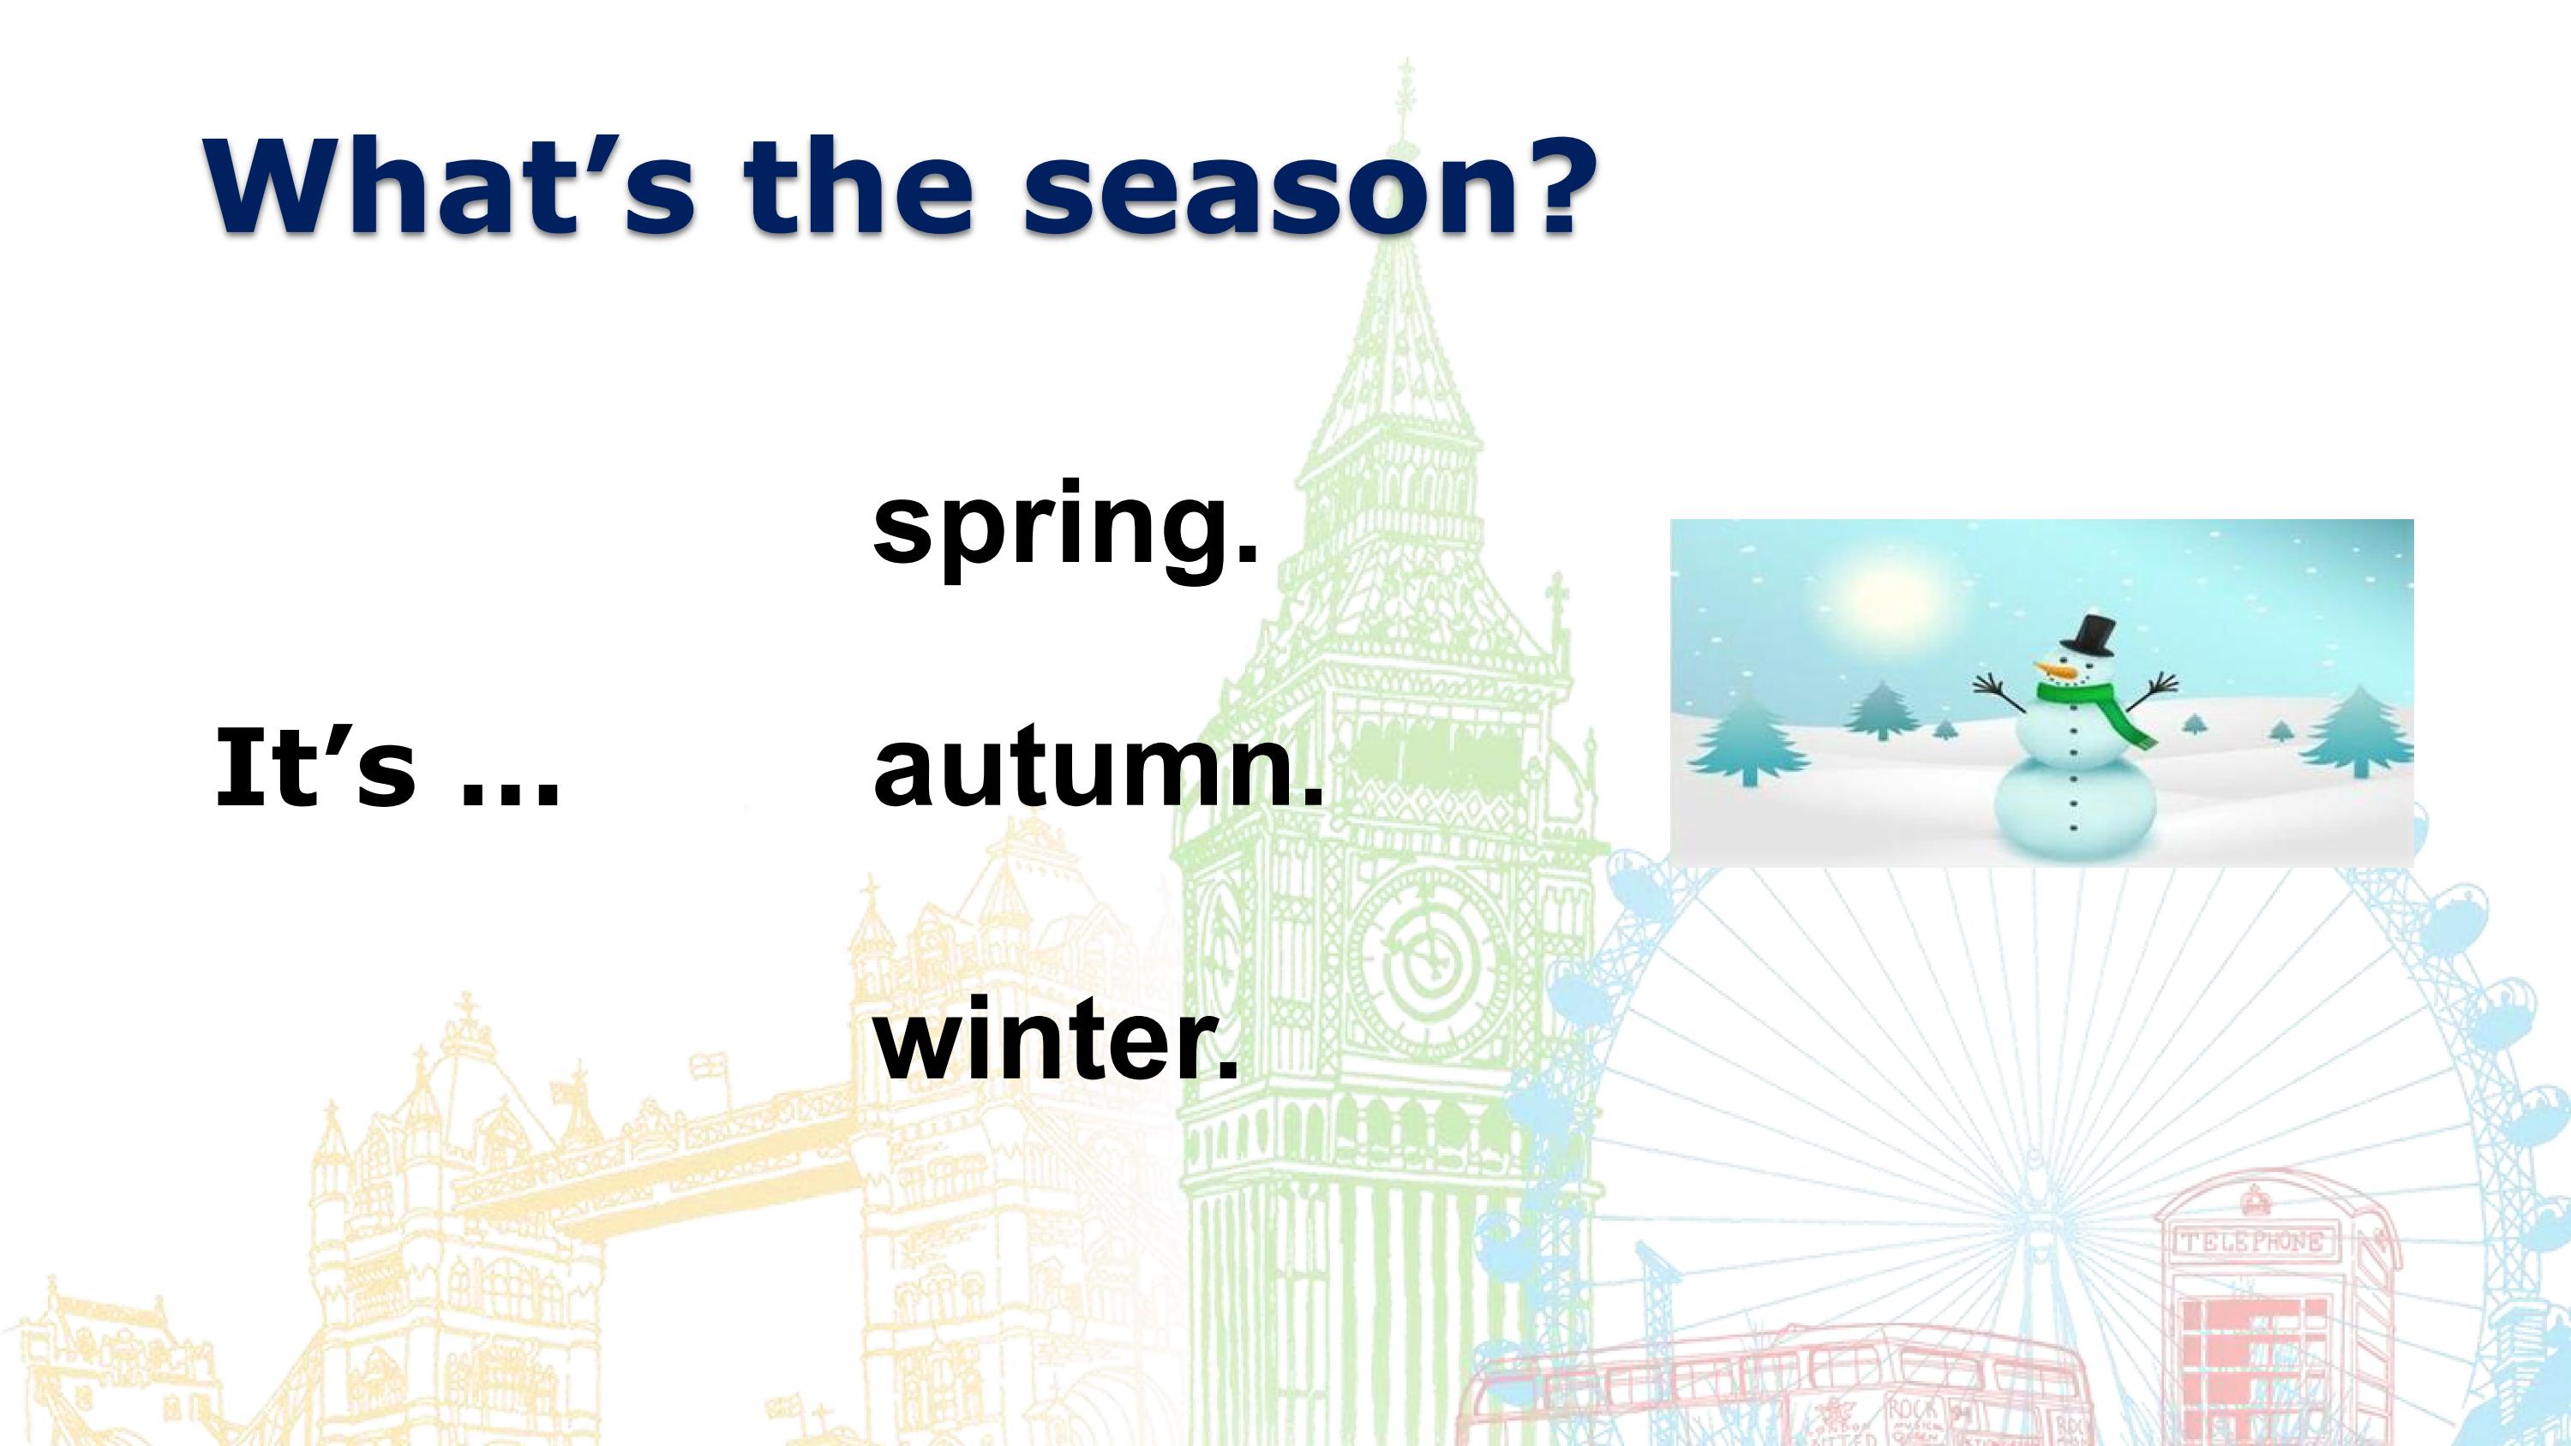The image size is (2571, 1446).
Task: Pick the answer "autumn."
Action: point(1097,770)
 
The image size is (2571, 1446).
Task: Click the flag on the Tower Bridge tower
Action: point(708,1065)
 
